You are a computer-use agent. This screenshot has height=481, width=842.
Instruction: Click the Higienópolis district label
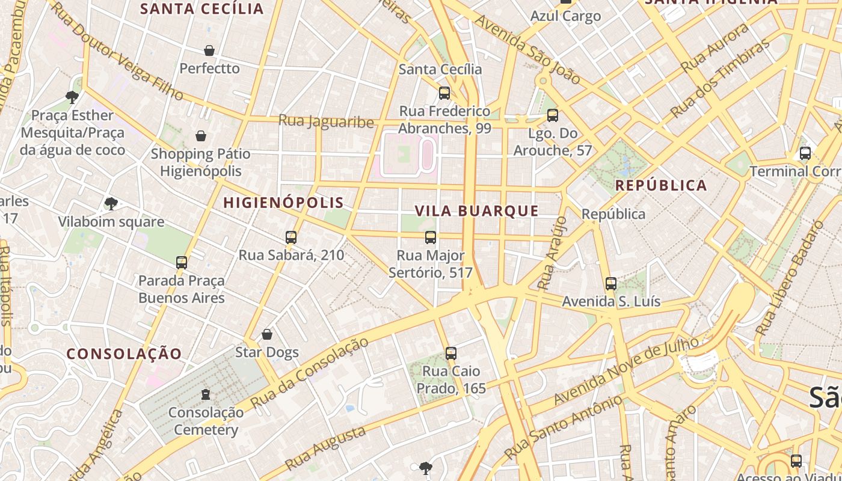283,203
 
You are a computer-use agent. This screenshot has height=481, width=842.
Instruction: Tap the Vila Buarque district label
477,211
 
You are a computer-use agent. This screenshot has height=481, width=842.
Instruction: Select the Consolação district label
124,354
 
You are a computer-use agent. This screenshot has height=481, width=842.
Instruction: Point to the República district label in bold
662,185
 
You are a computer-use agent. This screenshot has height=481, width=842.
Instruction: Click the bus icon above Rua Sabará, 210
291,237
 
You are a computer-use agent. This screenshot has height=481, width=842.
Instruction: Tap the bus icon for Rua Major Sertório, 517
431,237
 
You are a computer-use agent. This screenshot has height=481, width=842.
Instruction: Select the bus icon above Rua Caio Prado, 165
451,354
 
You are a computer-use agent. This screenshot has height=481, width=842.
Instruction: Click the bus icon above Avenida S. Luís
611,284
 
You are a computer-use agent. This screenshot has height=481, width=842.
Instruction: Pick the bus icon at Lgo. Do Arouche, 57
553,115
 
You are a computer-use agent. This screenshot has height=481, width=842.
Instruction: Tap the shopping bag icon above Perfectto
209,51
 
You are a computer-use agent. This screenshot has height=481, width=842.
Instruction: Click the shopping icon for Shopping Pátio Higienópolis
201,136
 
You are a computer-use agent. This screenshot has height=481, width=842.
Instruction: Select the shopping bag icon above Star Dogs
267,334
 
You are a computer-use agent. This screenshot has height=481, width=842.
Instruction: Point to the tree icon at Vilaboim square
111,204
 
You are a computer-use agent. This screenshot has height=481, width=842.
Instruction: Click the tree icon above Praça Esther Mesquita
72,97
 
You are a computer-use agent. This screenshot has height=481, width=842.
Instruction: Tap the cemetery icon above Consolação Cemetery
206,395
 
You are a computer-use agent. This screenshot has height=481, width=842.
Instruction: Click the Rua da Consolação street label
309,373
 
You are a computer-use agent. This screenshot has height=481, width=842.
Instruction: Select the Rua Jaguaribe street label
326,121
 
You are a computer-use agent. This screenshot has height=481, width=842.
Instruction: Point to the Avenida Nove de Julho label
625,371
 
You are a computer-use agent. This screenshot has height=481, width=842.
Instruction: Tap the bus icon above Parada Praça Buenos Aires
182,263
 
